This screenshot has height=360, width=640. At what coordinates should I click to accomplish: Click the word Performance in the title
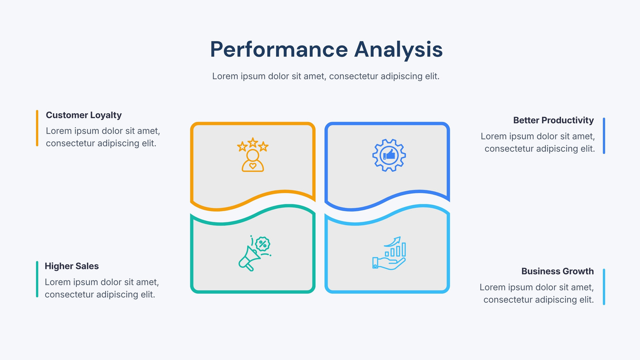click(x=279, y=50)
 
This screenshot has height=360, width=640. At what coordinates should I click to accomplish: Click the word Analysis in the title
click(x=398, y=50)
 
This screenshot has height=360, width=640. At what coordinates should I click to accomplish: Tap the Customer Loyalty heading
click(x=84, y=115)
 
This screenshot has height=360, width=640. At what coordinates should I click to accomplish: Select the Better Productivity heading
click(x=554, y=120)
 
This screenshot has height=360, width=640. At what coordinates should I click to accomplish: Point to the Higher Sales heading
click(x=72, y=266)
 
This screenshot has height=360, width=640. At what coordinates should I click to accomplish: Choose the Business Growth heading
click(x=558, y=271)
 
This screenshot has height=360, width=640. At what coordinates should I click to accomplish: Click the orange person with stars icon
click(x=253, y=154)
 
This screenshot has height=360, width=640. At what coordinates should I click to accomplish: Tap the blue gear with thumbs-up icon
click(x=389, y=155)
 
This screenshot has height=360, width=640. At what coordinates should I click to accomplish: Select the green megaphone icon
click(x=254, y=254)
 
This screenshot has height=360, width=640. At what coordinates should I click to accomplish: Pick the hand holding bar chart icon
click(x=389, y=254)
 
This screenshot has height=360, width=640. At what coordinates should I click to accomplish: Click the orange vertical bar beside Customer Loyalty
click(x=37, y=128)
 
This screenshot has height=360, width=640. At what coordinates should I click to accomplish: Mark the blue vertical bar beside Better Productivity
click(x=604, y=136)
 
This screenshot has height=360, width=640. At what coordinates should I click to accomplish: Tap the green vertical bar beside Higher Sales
click(x=37, y=279)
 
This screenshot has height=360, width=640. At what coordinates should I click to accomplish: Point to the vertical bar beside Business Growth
click(x=604, y=287)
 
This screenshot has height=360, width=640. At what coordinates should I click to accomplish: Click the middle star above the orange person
click(x=253, y=142)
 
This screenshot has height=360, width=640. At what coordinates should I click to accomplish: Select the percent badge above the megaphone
click(x=263, y=244)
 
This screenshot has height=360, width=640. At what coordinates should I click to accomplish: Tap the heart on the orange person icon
click(x=253, y=166)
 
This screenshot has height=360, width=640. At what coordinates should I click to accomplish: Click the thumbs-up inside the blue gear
click(x=389, y=155)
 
